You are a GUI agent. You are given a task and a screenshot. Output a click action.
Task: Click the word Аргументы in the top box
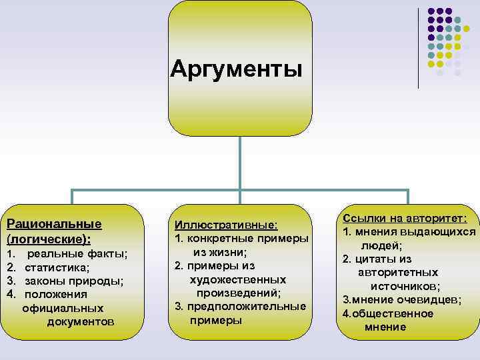236,68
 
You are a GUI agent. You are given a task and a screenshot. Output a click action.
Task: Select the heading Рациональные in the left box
54,223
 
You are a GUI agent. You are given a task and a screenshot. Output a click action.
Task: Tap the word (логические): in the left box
48,238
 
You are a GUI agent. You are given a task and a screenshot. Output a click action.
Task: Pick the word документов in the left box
81,322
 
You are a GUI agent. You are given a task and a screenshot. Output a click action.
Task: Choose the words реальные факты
77,254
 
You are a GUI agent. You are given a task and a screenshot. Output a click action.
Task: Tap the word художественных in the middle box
238,279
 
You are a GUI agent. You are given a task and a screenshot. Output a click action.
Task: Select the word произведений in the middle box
238,293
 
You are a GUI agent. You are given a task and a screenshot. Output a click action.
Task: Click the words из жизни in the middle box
220,252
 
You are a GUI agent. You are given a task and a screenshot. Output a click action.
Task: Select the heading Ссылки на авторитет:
406,219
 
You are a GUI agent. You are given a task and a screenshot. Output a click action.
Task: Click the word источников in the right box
410,285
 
